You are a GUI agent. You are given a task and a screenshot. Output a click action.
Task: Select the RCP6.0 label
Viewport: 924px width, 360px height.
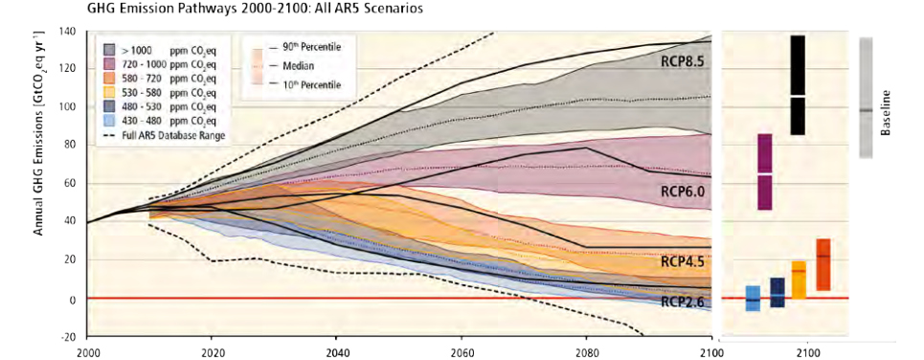pyautogui.click(x=683, y=191)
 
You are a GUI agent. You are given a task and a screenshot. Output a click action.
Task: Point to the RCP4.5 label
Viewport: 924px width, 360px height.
pyautogui.click(x=683, y=261)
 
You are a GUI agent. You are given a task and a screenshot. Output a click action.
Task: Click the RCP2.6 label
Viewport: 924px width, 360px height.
pyautogui.click(x=683, y=301)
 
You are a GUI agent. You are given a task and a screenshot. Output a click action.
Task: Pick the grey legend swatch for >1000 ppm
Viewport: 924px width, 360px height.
pyautogui.click(x=111, y=48)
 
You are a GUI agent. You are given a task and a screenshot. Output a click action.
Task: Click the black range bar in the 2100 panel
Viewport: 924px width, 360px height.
pyautogui.click(x=798, y=84)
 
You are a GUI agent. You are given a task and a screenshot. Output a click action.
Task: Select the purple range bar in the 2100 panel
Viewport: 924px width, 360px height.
pyautogui.click(x=764, y=171)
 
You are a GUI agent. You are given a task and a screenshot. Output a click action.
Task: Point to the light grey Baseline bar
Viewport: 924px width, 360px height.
pyautogui.click(x=866, y=98)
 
